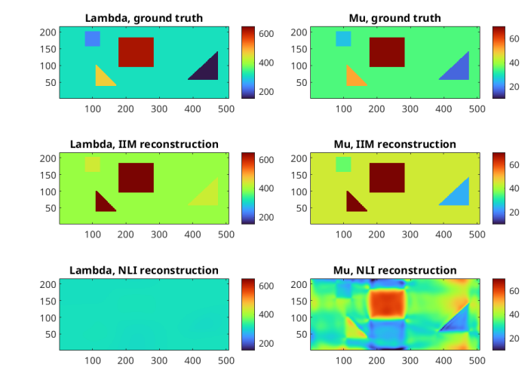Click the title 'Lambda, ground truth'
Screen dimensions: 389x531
144,18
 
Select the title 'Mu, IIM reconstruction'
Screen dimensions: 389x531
394,144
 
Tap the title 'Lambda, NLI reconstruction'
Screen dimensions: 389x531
144,270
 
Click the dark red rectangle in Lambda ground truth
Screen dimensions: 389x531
136,52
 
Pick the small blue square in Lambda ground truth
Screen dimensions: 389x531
92,38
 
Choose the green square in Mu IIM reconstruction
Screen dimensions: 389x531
343,164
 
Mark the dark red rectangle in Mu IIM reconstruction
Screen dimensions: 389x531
387,178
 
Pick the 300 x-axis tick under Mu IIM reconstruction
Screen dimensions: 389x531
410,235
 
